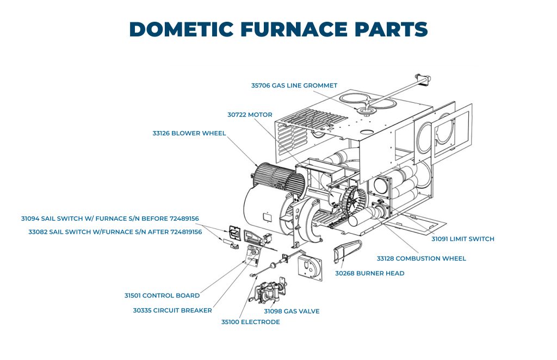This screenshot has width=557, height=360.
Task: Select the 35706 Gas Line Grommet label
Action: (294, 85)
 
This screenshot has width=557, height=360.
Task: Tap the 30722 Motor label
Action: (250, 115)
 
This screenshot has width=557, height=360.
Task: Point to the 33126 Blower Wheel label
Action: (189, 133)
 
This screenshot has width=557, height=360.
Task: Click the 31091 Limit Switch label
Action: (463, 239)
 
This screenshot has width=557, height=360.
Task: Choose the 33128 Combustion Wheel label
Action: (422, 258)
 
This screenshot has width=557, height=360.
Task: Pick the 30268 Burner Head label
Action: (369, 273)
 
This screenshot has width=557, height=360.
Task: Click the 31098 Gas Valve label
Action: (292, 311)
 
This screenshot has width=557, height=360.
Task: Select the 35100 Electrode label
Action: (250, 322)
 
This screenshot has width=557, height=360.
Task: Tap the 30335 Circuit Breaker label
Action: (172, 311)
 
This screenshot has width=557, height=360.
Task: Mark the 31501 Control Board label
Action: (162, 295)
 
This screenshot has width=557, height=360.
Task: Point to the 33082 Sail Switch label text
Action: (115, 232)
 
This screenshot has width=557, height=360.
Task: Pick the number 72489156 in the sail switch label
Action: (179, 219)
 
